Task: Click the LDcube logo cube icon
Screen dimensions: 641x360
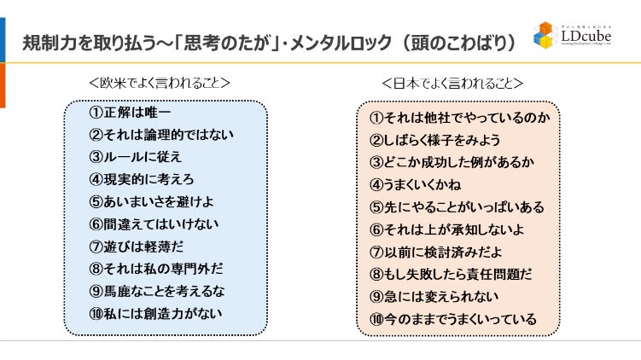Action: [546, 35]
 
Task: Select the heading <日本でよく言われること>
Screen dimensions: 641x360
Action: [452, 84]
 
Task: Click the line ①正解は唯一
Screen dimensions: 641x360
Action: [130, 113]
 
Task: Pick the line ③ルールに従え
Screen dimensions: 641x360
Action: [135, 157]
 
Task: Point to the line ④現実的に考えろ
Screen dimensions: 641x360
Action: [141, 179]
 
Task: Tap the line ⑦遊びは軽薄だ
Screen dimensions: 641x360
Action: [135, 247]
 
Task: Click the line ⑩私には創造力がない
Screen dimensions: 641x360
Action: [155, 313]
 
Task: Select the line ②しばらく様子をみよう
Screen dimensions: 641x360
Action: [434, 140]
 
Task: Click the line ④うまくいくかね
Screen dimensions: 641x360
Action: [417, 184]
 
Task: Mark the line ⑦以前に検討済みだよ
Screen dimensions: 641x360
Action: [435, 252]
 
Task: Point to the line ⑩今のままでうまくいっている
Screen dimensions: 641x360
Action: [452, 319]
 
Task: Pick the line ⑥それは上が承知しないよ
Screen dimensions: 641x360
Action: [446, 229]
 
